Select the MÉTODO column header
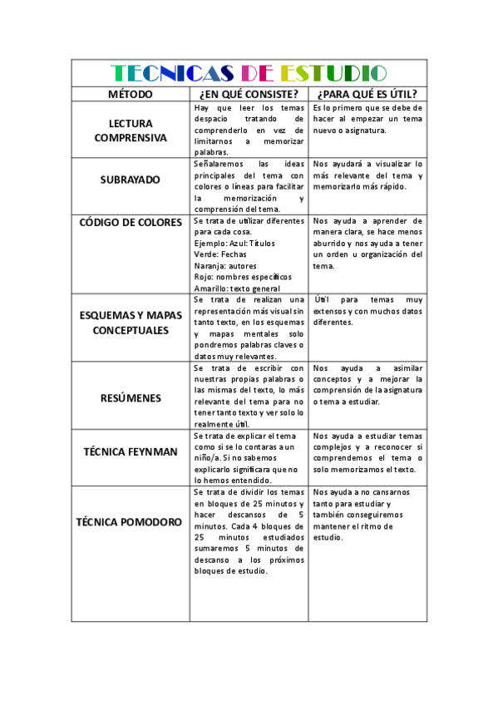pos(130,93)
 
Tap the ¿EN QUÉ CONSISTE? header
pos(249,93)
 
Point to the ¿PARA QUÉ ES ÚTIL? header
pos(367,93)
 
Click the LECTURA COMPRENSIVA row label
pos(130,131)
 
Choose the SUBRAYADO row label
pos(130,180)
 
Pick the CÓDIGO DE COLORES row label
pos(130,222)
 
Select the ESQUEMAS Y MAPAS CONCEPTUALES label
pos(130,323)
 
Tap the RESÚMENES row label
pos(130,397)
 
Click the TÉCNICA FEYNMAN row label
pos(130,451)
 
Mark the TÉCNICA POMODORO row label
pos(130,522)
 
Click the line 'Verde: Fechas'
pos(221,254)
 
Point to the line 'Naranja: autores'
pos(225,265)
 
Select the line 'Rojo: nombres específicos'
pos(243,277)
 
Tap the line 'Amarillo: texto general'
pos(237,288)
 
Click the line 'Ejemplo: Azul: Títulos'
pos(234,243)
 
